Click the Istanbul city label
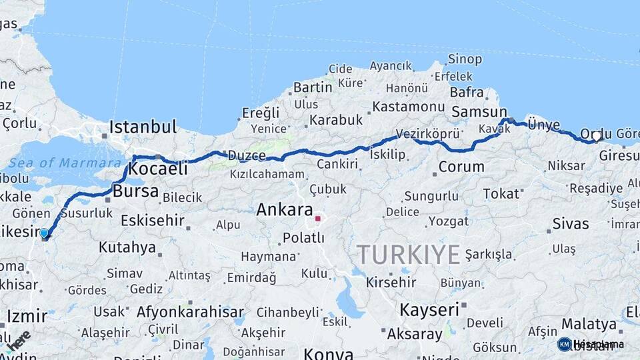click(x=143, y=127)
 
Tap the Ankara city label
click(x=285, y=209)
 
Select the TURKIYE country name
click(x=408, y=255)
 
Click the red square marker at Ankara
click(x=318, y=218)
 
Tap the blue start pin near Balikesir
click(x=44, y=233)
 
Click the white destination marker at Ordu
click(x=597, y=136)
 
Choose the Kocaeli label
click(x=157, y=169)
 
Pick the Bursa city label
click(x=136, y=192)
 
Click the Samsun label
click(x=479, y=112)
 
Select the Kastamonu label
click(x=408, y=107)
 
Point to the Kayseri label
click(x=429, y=310)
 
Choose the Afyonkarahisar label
click(x=190, y=312)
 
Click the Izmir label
click(x=27, y=315)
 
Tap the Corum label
click(x=461, y=167)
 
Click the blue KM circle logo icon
click(x=565, y=344)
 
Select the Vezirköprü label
click(x=423, y=133)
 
